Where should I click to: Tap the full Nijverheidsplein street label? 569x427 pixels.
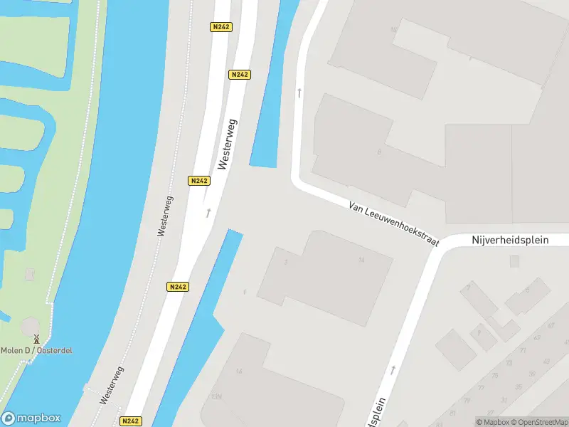[510, 240]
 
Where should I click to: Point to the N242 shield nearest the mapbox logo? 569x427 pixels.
[131, 421]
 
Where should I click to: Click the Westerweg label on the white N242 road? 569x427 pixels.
[228, 143]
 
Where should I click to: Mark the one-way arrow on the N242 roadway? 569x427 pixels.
[208, 212]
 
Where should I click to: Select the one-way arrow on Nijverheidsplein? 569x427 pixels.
[393, 370]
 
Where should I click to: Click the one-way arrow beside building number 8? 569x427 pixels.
[299, 93]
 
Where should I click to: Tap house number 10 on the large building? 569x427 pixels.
[393, 30]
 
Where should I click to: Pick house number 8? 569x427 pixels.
[380, 152]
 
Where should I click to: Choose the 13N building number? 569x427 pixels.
[216, 396]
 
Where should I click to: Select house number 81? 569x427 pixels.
[454, 413]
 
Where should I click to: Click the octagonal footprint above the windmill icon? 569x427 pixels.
[31, 326]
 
